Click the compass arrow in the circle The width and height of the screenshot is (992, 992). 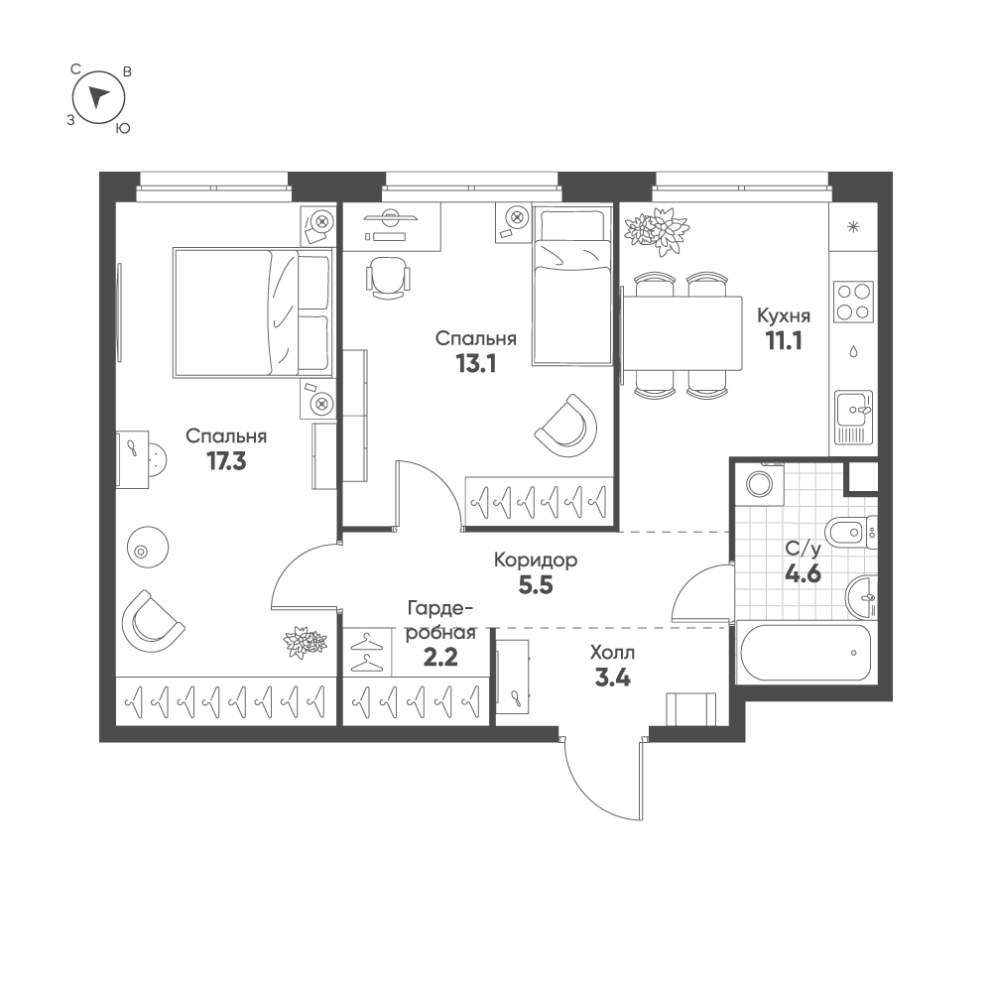[x=98, y=96]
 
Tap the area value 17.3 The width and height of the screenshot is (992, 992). [x=226, y=462]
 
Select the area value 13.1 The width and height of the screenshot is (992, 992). [x=476, y=364]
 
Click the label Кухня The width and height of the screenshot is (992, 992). [x=784, y=315]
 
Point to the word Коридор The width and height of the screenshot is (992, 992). [x=536, y=560]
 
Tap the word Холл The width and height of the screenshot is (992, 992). [x=612, y=653]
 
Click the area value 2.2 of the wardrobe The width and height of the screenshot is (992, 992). [x=440, y=658]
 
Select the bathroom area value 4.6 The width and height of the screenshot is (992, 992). [x=803, y=573]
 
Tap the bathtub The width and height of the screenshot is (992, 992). [x=806, y=653]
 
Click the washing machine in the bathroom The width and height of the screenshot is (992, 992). [x=759, y=485]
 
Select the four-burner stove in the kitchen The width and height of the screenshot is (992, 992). [x=853, y=302]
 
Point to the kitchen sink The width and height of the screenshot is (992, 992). [x=853, y=417]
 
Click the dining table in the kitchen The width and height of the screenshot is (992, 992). [x=682, y=334]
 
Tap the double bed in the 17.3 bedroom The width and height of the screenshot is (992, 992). [x=253, y=313]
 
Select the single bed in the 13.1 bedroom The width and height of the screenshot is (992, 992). [x=572, y=286]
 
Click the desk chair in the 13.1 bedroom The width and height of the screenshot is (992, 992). [x=388, y=277]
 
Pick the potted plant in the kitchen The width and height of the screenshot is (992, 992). [x=656, y=231]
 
